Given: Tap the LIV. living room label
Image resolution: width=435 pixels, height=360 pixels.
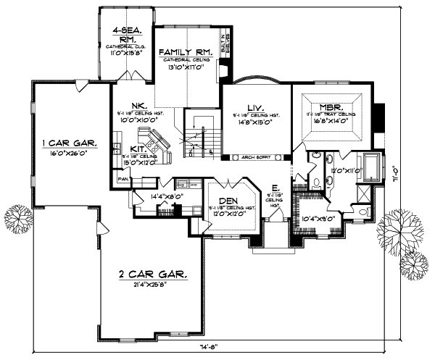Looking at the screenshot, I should pyautogui.click(x=254, y=106).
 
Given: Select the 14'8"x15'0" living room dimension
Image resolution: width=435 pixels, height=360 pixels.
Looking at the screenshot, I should pyautogui.click(x=254, y=122).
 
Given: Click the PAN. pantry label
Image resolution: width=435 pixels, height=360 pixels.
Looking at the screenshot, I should pyautogui.click(x=124, y=177).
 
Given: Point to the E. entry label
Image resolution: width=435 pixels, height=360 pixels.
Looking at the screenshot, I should pyautogui.click(x=275, y=187).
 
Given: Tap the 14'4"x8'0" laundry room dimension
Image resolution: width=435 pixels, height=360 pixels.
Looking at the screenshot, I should pyautogui.click(x=164, y=195).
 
